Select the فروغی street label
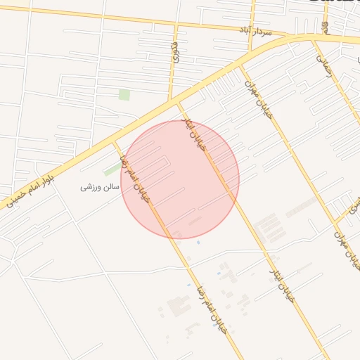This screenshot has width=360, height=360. click(x=174, y=52)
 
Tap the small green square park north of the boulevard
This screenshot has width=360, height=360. click(x=124, y=94)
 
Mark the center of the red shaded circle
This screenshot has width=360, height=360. click(x=180, y=179)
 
